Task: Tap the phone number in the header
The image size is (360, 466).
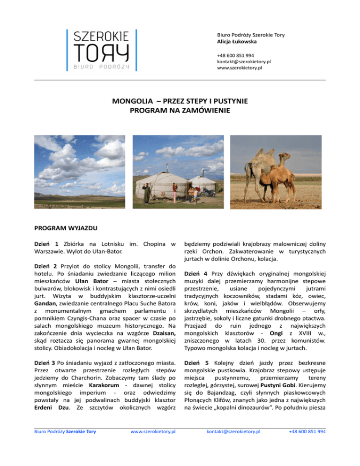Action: [235, 55]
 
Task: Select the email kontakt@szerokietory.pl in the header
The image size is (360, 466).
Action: [244, 61]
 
